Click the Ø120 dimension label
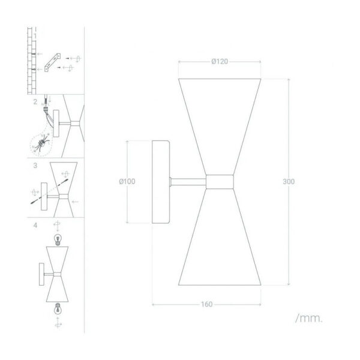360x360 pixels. (x=220, y=62)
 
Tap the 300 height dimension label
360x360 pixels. (x=289, y=182)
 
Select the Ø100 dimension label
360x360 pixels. (x=127, y=181)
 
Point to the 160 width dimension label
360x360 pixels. (x=207, y=304)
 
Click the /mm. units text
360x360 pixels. (x=309, y=319)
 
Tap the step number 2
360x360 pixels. (x=35, y=102)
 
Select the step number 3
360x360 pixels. (x=35, y=166)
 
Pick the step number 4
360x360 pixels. (x=35, y=226)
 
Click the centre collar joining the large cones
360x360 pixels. (x=220, y=182)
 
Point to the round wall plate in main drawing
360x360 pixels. (x=161, y=182)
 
